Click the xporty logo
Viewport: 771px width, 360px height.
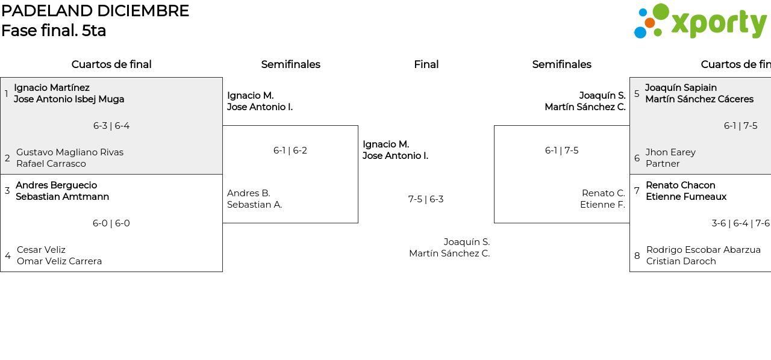[700, 22]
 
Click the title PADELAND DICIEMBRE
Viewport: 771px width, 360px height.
[95, 11]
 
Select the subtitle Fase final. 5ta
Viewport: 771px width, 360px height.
[54, 31]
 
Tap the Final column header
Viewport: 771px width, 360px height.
[426, 64]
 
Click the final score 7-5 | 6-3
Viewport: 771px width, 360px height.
[426, 199]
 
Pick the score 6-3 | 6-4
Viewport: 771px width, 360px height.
[111, 126]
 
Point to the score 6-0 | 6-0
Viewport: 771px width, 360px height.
[111, 223]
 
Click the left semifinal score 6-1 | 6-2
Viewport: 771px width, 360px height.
[290, 151]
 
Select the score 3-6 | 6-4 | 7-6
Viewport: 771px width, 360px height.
[740, 223]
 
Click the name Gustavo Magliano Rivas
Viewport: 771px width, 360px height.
[70, 152]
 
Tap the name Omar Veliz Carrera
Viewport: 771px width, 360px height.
[59, 261]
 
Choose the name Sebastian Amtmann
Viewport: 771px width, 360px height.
[62, 197]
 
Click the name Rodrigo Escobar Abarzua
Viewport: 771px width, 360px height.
[703, 250]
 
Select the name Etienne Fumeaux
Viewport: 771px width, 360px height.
[686, 197]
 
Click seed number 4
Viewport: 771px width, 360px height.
[8, 256]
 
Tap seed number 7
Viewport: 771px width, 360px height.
[637, 191]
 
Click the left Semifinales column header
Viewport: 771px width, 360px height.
[290, 64]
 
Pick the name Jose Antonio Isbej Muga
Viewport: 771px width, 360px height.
[69, 99]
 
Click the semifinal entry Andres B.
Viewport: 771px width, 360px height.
[249, 193]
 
